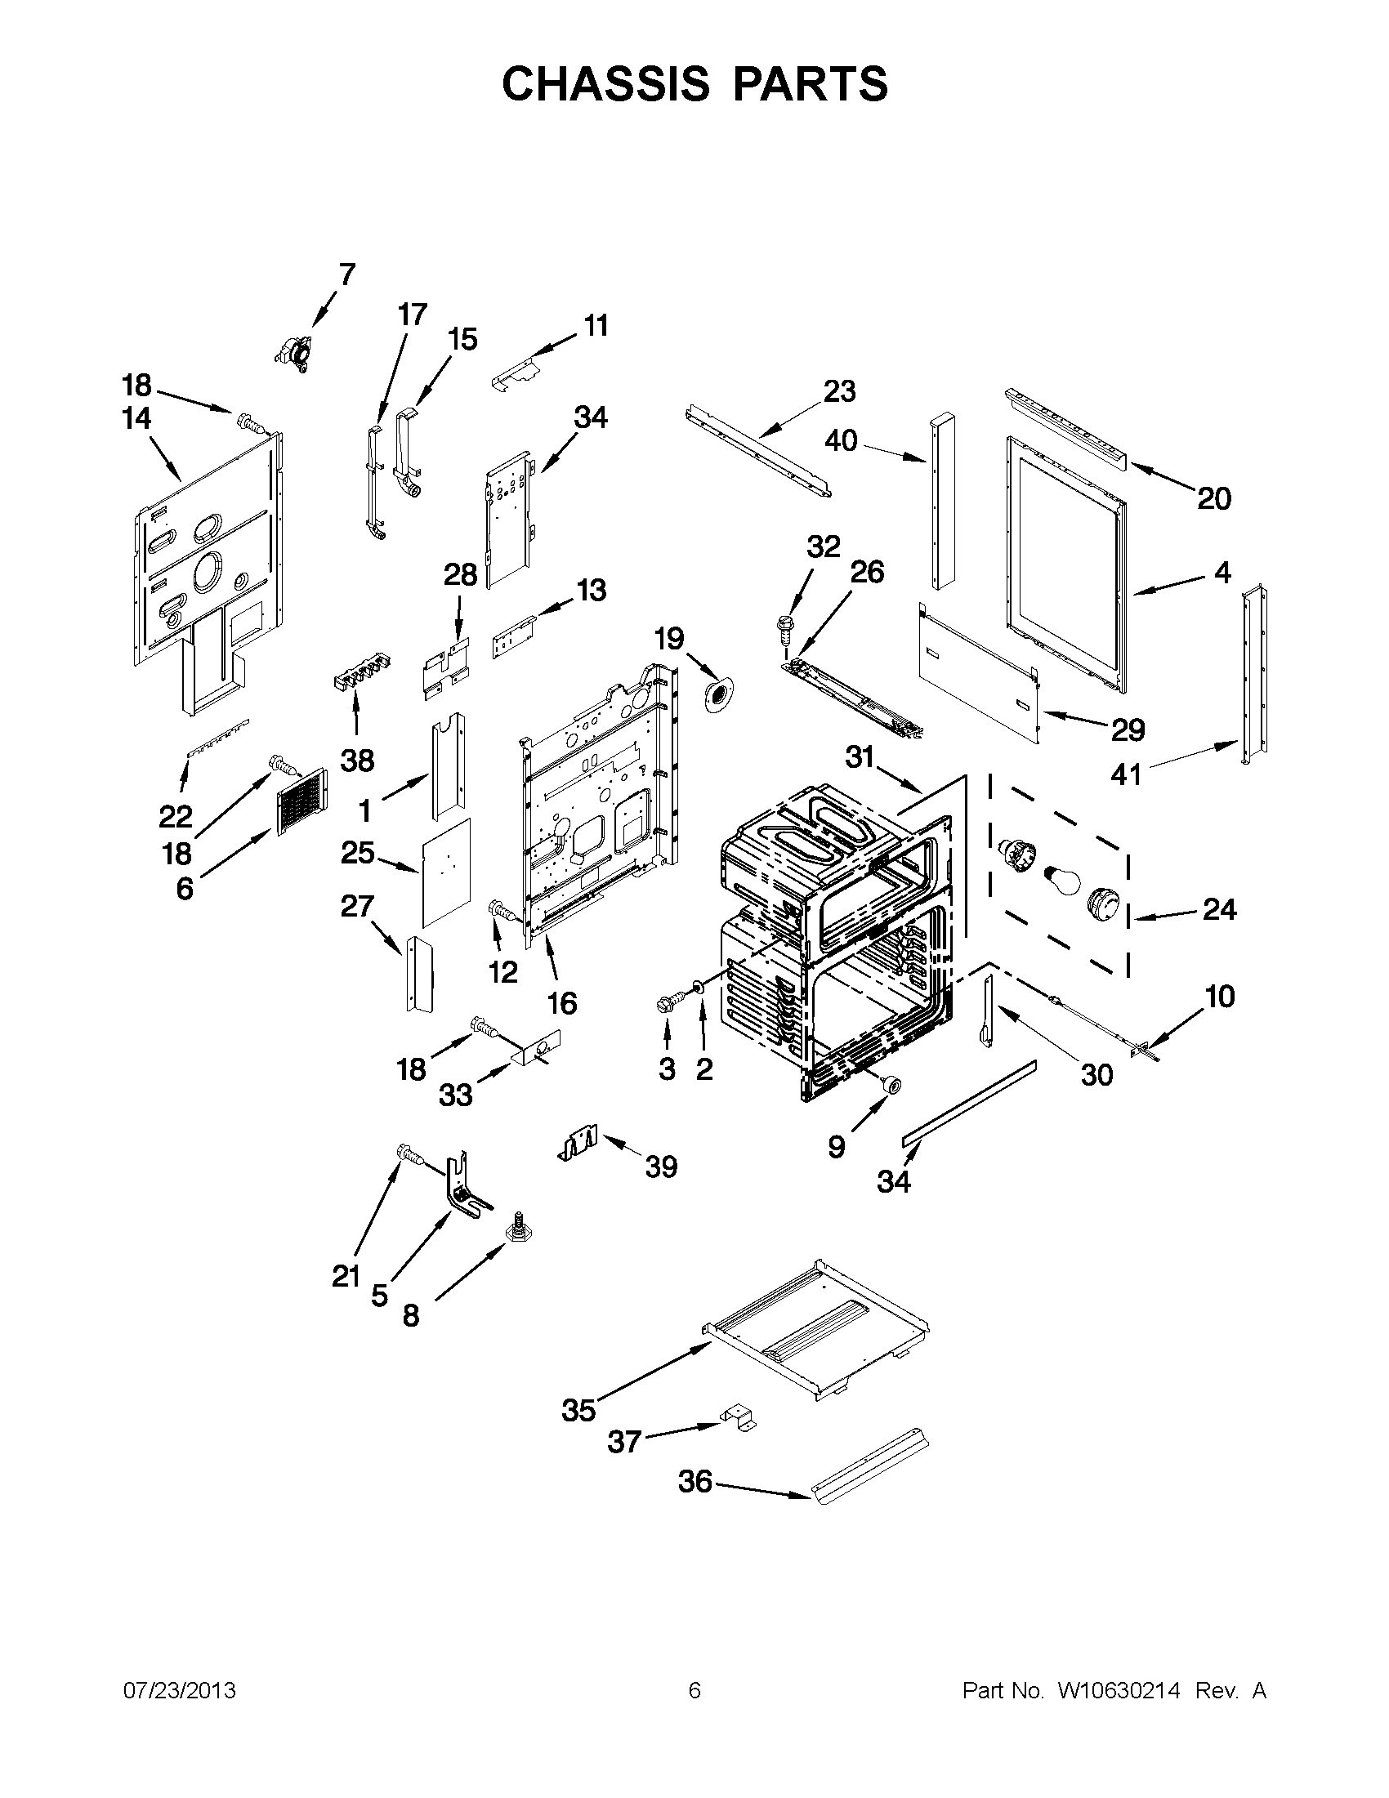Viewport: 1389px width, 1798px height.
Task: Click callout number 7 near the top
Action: [x=346, y=274]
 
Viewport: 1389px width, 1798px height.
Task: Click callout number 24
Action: [x=1218, y=909]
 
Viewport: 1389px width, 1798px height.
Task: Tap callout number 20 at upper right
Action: [x=1213, y=498]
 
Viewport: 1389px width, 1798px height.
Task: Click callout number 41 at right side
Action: [x=1126, y=774]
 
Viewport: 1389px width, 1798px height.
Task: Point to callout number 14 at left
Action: [x=136, y=418]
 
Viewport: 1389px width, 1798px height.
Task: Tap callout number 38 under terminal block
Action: [x=357, y=760]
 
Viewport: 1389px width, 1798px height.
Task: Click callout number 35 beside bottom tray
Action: [x=578, y=1410]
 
